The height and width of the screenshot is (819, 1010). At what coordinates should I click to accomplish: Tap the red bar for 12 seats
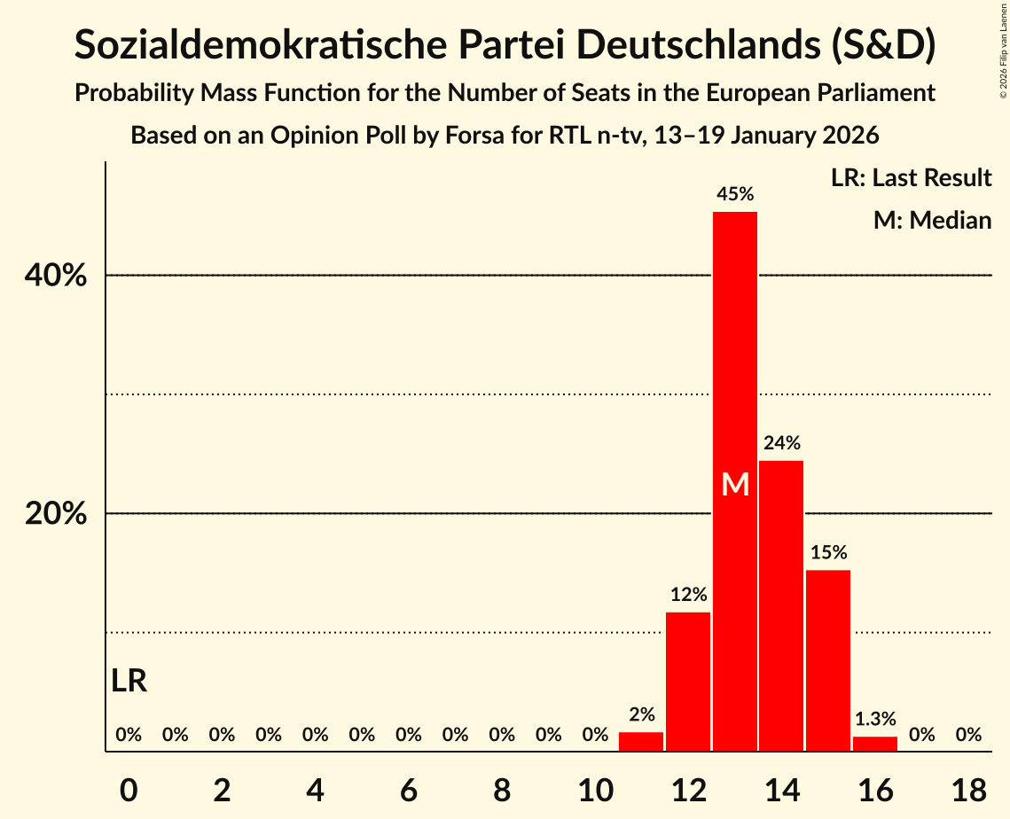coord(688,682)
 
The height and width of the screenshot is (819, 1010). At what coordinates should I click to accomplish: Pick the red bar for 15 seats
coord(828,660)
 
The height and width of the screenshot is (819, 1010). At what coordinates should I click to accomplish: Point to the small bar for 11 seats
coord(641,742)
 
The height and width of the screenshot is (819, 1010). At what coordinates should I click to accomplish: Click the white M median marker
coord(735,484)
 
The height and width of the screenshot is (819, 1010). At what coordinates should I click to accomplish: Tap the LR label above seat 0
coord(129,682)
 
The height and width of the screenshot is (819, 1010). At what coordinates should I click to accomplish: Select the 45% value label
coord(735,193)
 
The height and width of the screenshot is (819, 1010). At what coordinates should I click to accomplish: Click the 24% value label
coord(781,442)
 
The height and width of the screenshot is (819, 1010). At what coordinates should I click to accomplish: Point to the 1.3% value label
coord(875,719)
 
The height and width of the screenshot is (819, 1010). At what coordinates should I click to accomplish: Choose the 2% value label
coord(641,714)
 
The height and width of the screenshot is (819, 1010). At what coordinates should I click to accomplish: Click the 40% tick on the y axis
coord(56,276)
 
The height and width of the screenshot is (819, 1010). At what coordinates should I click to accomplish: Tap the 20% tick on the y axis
coord(56,514)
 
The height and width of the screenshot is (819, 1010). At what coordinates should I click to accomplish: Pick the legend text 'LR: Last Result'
coord(911,178)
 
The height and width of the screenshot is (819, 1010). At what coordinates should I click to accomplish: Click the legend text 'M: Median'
coord(932,220)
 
